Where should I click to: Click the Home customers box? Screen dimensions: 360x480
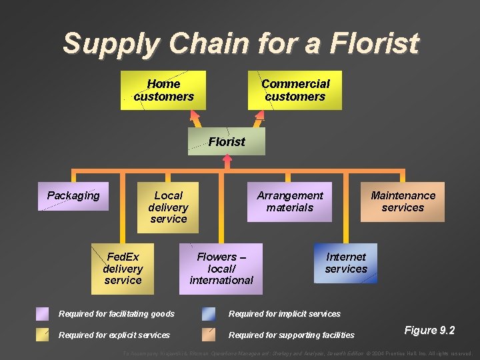click(x=163, y=90)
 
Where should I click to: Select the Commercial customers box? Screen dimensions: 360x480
click(x=295, y=90)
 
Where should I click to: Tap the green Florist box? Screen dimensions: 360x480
click(x=227, y=141)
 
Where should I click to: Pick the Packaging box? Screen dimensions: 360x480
click(x=73, y=196)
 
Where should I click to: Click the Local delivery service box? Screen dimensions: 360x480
click(x=168, y=207)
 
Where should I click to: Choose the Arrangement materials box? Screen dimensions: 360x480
click(x=289, y=201)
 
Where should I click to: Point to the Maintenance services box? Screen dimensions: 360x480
click(x=403, y=201)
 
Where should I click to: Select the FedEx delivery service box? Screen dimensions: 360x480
click(x=123, y=269)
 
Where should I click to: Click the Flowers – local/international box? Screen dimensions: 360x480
click(x=221, y=269)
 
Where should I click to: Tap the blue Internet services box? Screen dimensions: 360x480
click(x=346, y=263)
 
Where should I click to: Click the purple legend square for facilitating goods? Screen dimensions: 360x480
click(x=43, y=314)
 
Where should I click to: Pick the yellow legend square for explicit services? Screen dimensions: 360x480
click(x=43, y=335)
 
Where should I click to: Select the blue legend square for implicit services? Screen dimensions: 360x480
click(x=209, y=314)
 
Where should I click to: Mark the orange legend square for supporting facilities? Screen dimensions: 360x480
click(x=209, y=335)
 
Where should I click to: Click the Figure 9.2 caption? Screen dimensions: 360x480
click(x=429, y=331)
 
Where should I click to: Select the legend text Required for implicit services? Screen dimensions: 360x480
click(x=285, y=314)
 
